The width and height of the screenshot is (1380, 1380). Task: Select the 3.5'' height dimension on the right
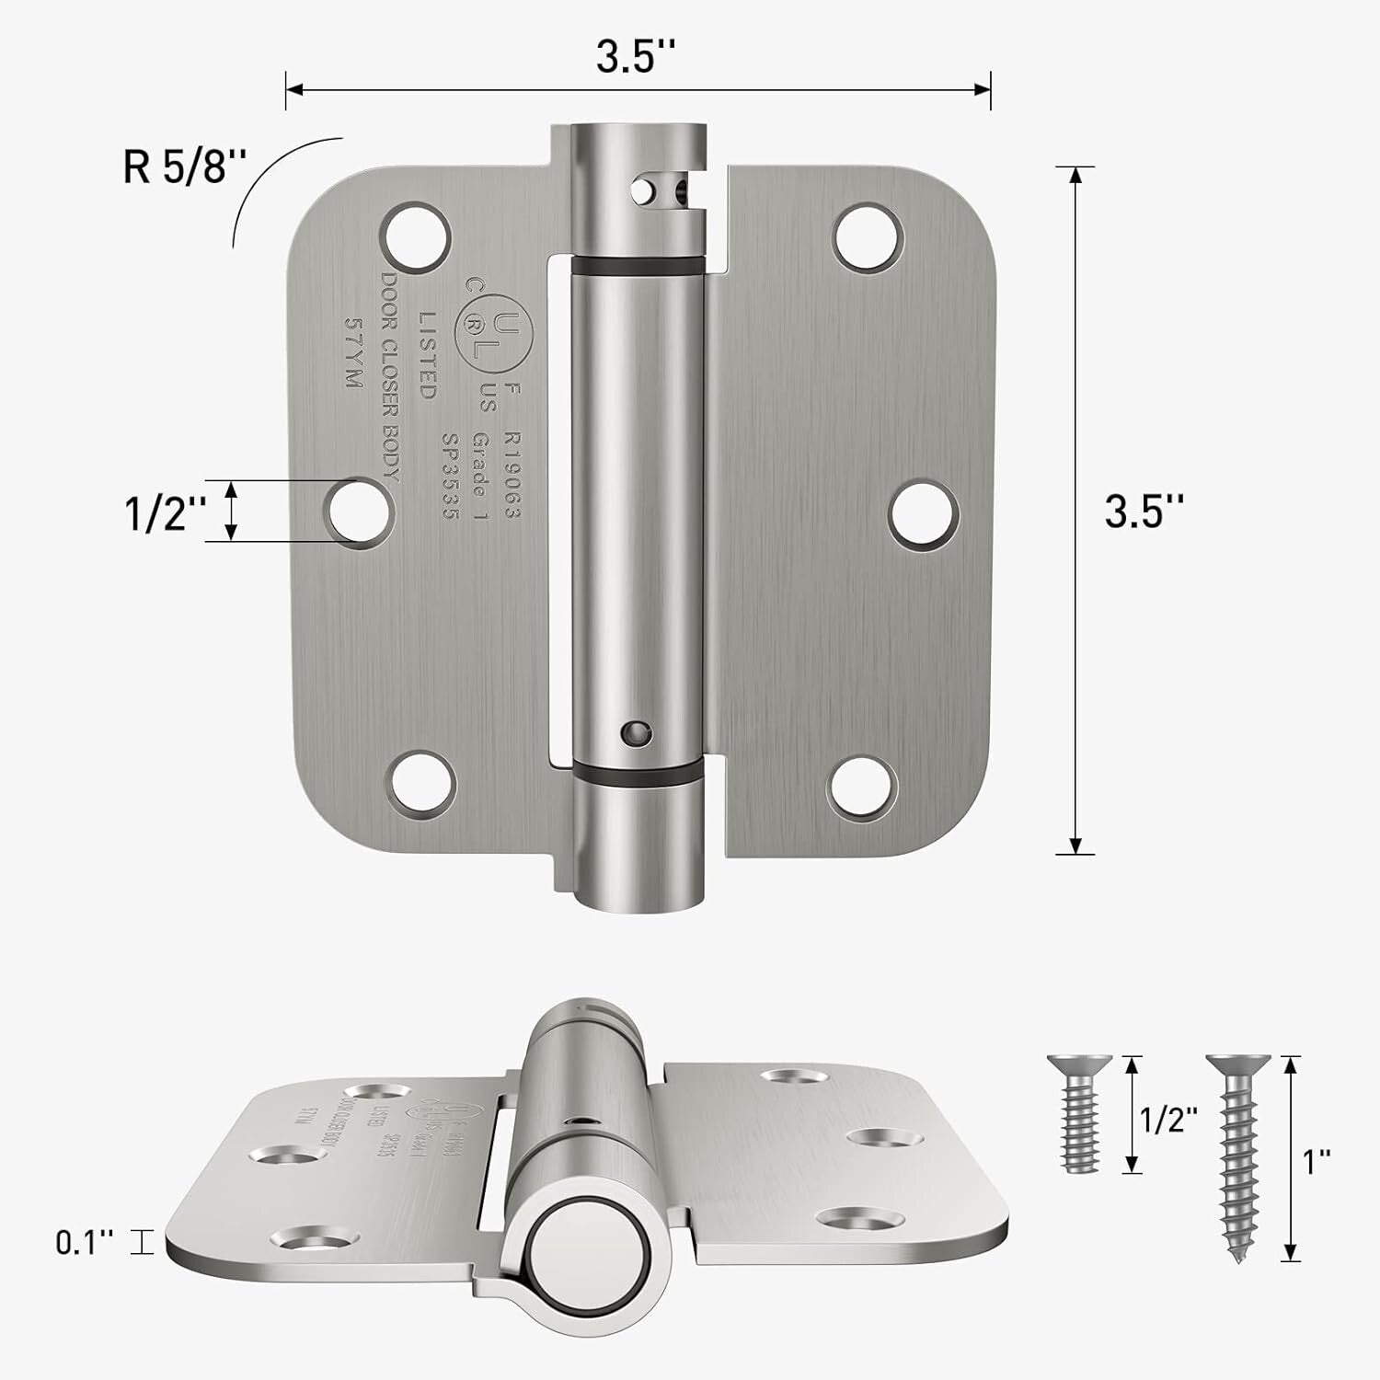pyautogui.click(x=1144, y=511)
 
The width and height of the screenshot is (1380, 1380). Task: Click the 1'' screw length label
pyautogui.click(x=1317, y=1161)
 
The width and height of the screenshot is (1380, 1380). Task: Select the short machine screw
pyautogui.click(x=1079, y=1114)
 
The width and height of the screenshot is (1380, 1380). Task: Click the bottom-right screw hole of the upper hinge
pyautogui.click(x=863, y=789)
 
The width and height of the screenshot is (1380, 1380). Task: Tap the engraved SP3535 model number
pyautogui.click(x=449, y=476)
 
